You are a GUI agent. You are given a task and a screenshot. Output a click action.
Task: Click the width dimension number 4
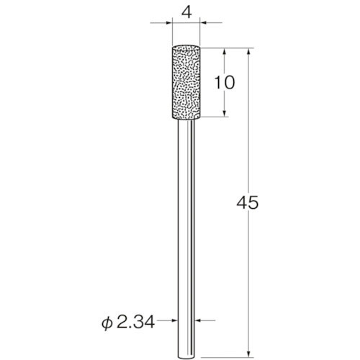(186, 12)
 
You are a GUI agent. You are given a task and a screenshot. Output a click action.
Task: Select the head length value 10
(225, 82)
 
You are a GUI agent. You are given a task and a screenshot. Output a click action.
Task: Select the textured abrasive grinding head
(186, 83)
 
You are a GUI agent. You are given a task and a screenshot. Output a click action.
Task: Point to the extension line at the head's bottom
(216, 118)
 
